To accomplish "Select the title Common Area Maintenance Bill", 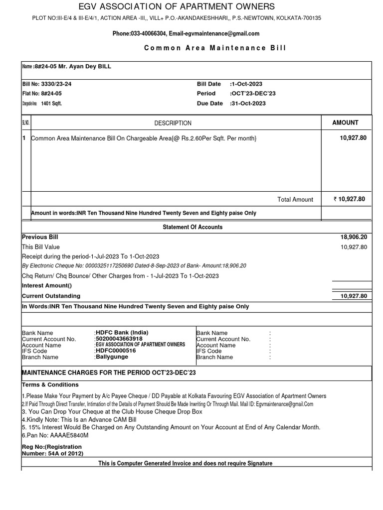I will pyautogui.click(x=215, y=48).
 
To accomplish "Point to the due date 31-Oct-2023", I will pyautogui.click(x=248, y=104).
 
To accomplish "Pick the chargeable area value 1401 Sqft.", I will pyautogui.click(x=51, y=104).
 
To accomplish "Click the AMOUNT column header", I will pyautogui.click(x=345, y=123).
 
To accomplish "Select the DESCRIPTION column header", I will pyautogui.click(x=173, y=123).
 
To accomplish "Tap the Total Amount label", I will pyautogui.click(x=295, y=199).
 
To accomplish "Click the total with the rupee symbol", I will pyautogui.click(x=349, y=199).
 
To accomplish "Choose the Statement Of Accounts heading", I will pyautogui.click(x=192, y=227).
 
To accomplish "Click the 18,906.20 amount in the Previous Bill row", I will pyautogui.click(x=353, y=238).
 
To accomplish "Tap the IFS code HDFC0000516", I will pyautogui.click(x=115, y=351).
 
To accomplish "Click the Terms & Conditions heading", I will pyautogui.click(x=50, y=384).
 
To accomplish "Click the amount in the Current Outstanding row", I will pyautogui.click(x=353, y=296).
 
